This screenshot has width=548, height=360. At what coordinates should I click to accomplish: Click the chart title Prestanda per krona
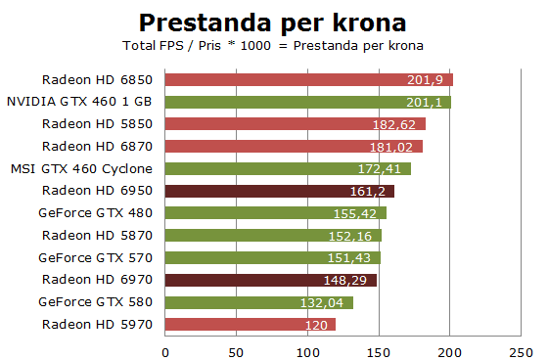273,22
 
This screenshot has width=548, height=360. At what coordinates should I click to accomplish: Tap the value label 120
316,325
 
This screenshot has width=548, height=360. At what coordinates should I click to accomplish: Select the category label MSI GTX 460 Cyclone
82,168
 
